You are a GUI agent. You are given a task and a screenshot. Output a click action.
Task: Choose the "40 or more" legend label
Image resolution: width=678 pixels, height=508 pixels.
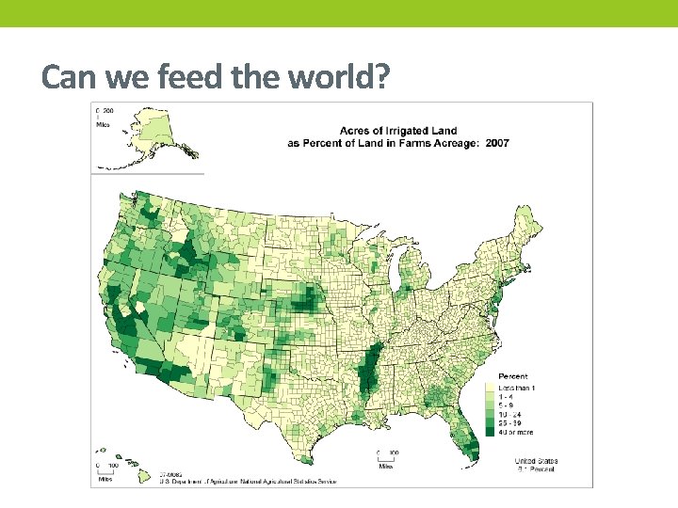(515, 433)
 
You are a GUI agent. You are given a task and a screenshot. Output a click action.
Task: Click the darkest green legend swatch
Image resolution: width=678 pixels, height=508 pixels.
(490, 433)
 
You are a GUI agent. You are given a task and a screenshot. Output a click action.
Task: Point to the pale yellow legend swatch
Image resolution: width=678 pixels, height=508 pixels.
(490, 388)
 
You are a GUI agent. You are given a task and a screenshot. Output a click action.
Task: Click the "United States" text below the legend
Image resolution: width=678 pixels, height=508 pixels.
(536, 461)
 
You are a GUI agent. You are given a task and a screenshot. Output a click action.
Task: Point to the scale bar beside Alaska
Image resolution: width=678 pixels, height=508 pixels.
(101, 116)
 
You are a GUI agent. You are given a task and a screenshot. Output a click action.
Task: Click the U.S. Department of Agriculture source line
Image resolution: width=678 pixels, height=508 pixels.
(231, 481)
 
